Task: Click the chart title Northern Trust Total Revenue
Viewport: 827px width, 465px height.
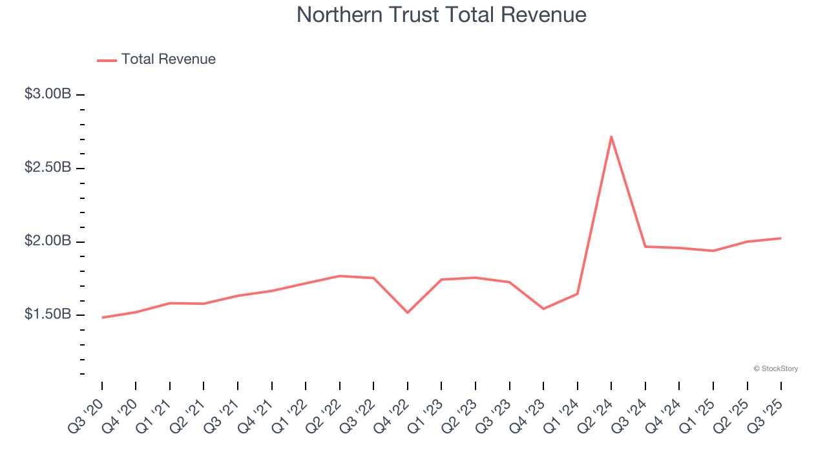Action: (x=441, y=15)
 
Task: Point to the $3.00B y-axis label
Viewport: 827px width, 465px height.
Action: (x=48, y=94)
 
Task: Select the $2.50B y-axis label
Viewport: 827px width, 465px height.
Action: (x=48, y=168)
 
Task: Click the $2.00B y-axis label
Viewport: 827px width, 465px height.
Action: (x=48, y=242)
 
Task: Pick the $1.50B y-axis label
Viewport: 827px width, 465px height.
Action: (x=48, y=315)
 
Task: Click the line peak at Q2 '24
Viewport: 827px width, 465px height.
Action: (x=611, y=136)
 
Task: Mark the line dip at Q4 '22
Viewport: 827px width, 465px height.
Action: (x=408, y=313)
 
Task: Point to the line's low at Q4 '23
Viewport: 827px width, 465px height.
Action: (x=543, y=309)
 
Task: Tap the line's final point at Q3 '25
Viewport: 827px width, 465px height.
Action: (x=780, y=238)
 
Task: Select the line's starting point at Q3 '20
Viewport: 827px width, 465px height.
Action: (x=102, y=318)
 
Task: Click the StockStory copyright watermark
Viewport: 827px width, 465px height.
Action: (x=775, y=369)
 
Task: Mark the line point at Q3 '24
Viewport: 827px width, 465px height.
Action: (x=645, y=247)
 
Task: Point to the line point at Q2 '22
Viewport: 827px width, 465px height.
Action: (x=340, y=276)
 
